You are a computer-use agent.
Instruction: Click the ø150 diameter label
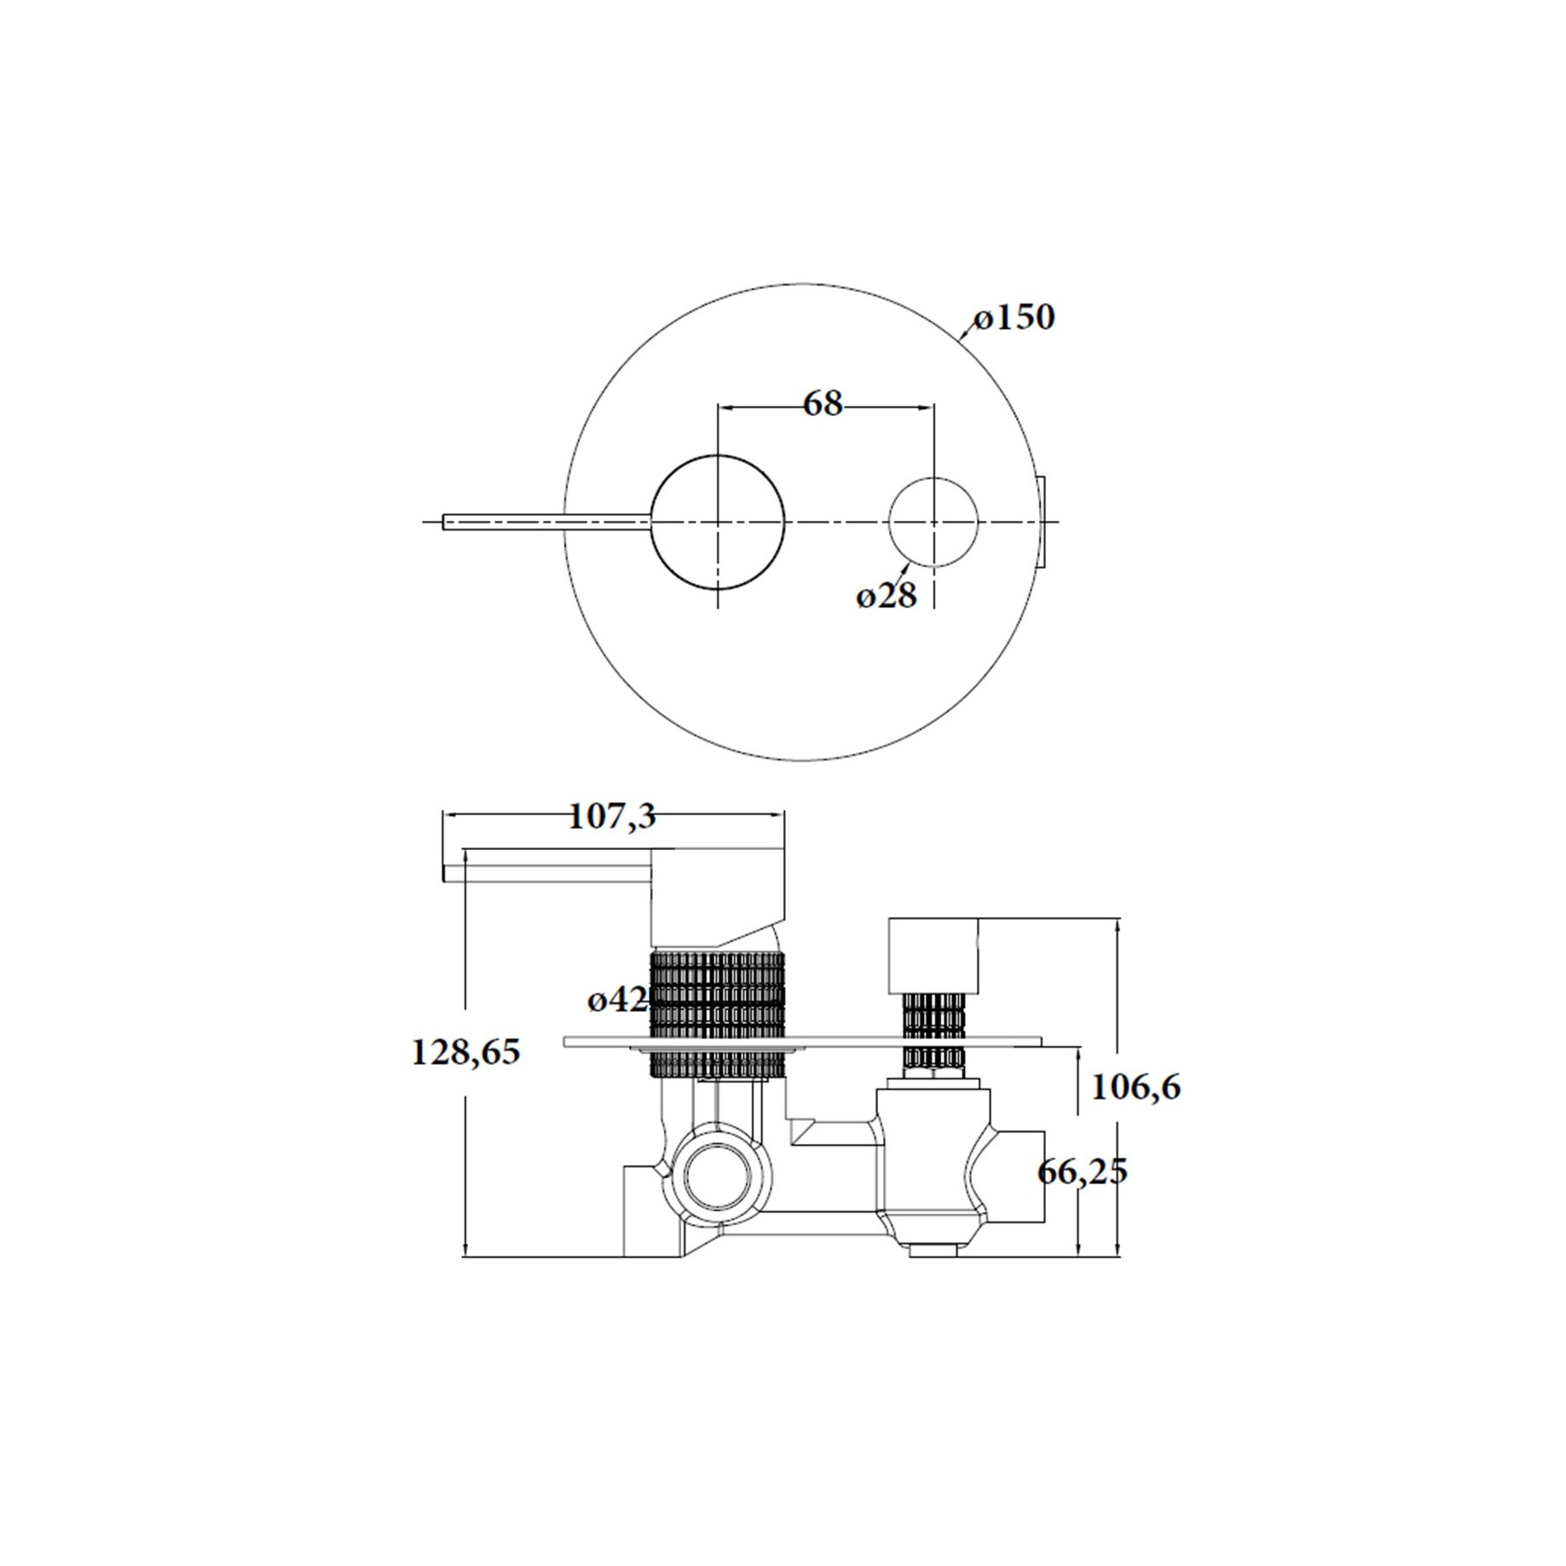pos(1014,318)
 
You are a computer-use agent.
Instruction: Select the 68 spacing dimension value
pos(823,404)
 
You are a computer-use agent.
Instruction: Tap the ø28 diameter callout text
pos(887,597)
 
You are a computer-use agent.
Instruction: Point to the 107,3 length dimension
pos(612,817)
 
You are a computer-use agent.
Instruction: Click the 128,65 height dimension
pos(465,1053)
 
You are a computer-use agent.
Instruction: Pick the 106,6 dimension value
pos(1136,1087)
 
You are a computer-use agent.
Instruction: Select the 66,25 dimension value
pos(1082,1171)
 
